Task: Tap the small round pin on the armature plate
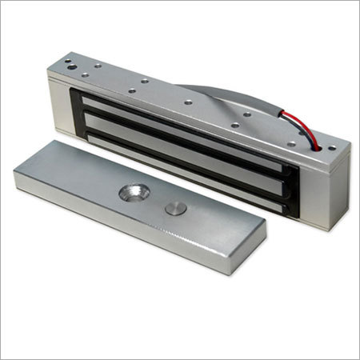[x=174, y=207]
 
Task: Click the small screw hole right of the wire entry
[x=331, y=148]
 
